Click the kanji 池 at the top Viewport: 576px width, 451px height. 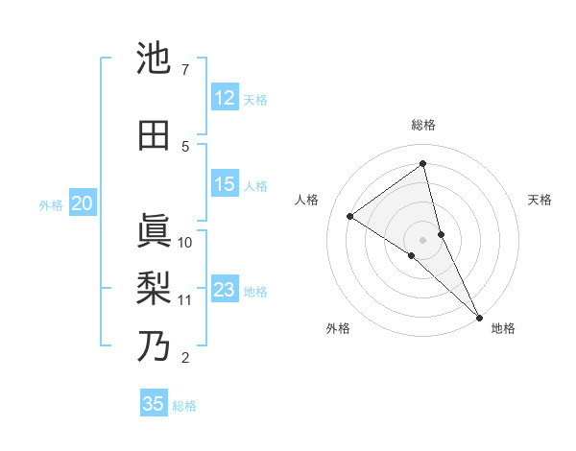point(155,59)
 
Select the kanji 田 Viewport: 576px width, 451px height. point(155,135)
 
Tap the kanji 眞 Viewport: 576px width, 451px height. point(155,230)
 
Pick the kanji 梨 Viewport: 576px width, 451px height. point(155,289)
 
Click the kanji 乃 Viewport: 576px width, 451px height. point(155,346)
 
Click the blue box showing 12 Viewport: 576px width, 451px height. point(225,98)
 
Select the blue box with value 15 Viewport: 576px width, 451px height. point(225,184)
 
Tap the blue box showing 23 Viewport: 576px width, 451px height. point(225,290)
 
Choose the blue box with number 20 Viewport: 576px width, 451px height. point(83,203)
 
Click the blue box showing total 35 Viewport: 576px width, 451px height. point(154,404)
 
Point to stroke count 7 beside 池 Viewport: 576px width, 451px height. point(184,70)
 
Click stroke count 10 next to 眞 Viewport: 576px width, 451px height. point(185,242)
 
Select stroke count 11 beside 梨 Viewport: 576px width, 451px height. point(185,299)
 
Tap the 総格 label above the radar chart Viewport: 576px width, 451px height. point(423,126)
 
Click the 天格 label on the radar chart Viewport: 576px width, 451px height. point(540,200)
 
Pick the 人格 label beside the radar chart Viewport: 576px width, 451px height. point(307,200)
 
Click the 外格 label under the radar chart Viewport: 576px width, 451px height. point(338,329)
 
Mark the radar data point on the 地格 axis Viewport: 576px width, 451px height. point(479,317)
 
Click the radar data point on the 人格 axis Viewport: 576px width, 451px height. point(350,216)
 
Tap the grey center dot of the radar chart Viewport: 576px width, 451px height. point(423,239)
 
